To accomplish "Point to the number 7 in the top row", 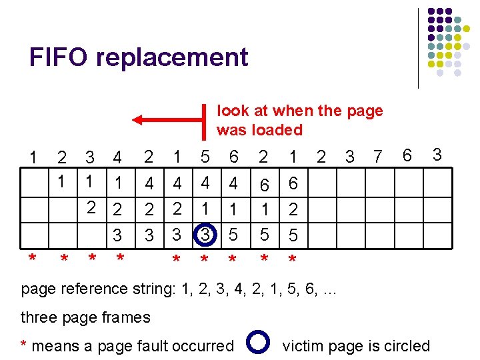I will click(x=378, y=158).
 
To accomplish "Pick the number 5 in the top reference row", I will click(x=205, y=158).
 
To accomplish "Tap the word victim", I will click(x=303, y=346).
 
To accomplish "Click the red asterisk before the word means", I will click(x=24, y=345).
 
